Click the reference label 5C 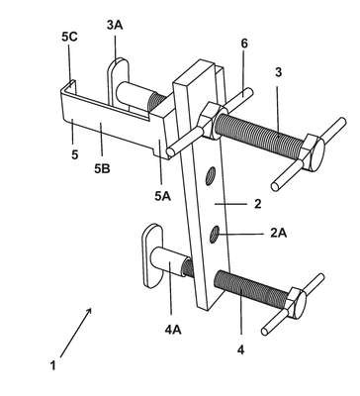pyautogui.click(x=69, y=37)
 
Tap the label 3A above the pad pyautogui.click(x=115, y=25)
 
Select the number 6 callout pyautogui.click(x=244, y=44)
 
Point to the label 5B pyautogui.click(x=102, y=168)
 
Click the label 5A pyautogui.click(x=162, y=196)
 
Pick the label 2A pyautogui.click(x=279, y=234)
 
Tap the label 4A pyautogui.click(x=173, y=330)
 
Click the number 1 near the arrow pyautogui.click(x=52, y=365)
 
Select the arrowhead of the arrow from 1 pyautogui.click(x=89, y=311)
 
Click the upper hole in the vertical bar pyautogui.click(x=210, y=176)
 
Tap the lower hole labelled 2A pyautogui.click(x=215, y=235)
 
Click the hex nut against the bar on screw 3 pyautogui.click(x=211, y=121)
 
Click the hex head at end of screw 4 pyautogui.click(x=296, y=303)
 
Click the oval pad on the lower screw pyautogui.click(x=152, y=255)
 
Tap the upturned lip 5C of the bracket pyautogui.click(x=72, y=86)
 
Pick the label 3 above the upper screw pyautogui.click(x=279, y=72)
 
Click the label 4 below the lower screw pyautogui.click(x=241, y=349)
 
